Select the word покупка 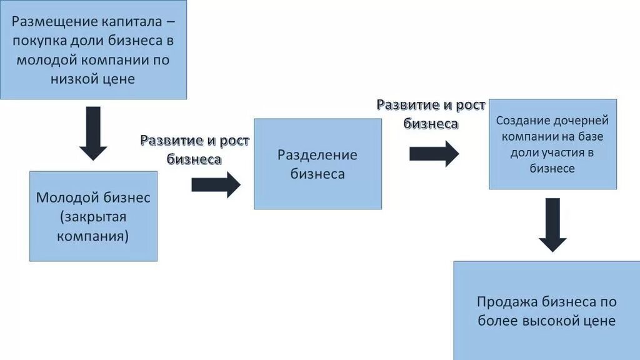[43, 41]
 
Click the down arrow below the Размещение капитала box [93, 133]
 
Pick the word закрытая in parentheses [93, 217]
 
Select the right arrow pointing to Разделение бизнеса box [216, 184]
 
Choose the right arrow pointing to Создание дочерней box [434, 153]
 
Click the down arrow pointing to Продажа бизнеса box [552, 224]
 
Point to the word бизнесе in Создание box [552, 169]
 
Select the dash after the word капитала [171, 22]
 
